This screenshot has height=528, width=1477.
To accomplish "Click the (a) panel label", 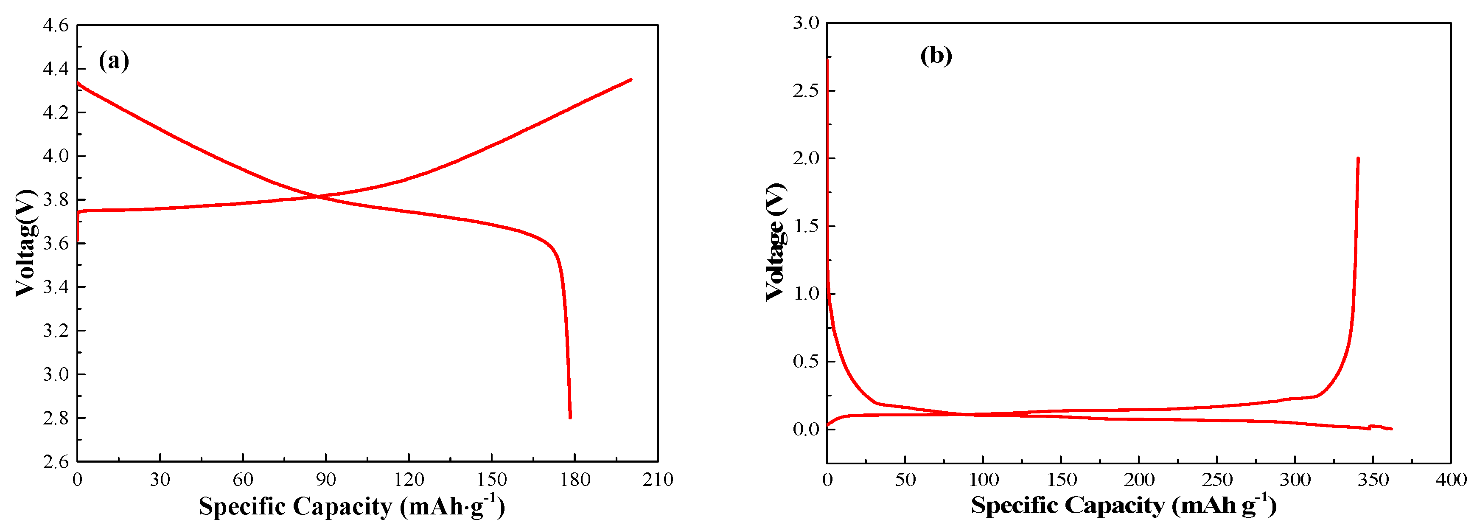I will (x=114, y=60).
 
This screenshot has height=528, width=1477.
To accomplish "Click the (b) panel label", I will (x=936, y=56).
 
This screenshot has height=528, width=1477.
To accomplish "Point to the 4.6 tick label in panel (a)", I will (x=56, y=25).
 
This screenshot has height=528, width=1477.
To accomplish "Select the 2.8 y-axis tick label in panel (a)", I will (x=56, y=418).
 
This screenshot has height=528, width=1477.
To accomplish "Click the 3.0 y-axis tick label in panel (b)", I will (x=806, y=23).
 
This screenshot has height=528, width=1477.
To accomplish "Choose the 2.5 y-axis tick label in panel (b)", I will (x=806, y=90).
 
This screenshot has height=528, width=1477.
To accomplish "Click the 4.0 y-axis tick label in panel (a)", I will (x=56, y=156).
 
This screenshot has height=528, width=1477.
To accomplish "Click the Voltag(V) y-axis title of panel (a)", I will (x=25, y=243).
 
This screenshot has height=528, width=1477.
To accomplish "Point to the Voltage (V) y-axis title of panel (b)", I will (x=775, y=242).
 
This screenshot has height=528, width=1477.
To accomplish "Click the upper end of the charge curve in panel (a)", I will (x=631, y=80).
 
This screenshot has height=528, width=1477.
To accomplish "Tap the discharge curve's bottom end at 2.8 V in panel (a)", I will (x=570, y=417).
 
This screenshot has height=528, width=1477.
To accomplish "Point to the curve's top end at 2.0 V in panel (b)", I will (x=1358, y=159).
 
